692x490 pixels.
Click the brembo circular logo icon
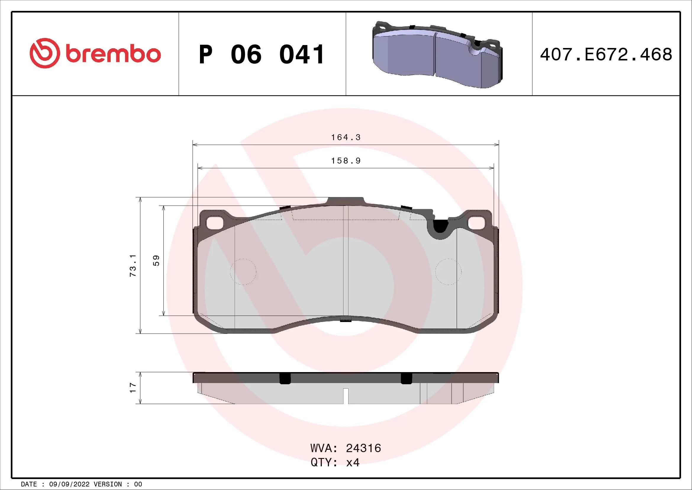[x=44, y=53]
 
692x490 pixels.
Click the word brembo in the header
[x=113, y=54]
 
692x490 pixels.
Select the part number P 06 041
[x=262, y=55]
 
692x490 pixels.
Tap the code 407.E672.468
[x=606, y=55]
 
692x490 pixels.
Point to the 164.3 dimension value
[x=346, y=137]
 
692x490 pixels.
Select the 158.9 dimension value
[x=346, y=161]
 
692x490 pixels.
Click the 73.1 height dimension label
[x=133, y=265]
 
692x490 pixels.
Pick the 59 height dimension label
[x=157, y=261]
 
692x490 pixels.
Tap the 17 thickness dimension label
[x=133, y=388]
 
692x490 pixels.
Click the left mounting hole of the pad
[x=214, y=223]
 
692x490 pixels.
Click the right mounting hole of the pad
[x=477, y=223]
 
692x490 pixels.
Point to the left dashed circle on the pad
[x=243, y=272]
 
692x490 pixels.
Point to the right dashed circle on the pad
[x=448, y=272]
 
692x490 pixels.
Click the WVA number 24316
[x=364, y=448]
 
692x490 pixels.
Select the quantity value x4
[x=353, y=462]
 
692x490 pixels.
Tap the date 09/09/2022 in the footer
[x=69, y=484]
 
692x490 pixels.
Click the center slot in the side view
[x=346, y=395]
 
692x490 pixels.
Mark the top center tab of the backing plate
[x=346, y=201]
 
